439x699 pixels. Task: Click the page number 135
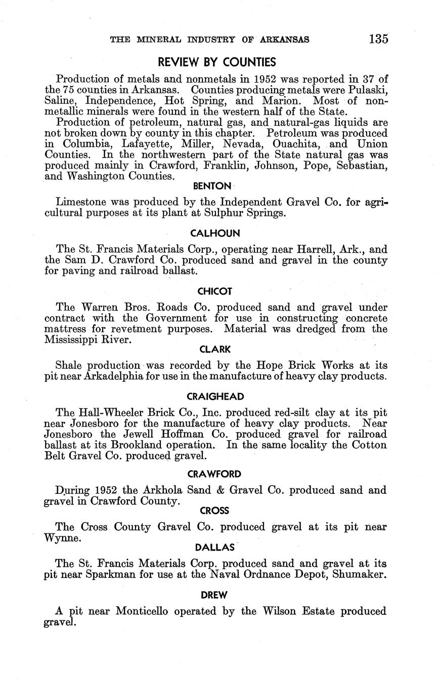(x=378, y=39)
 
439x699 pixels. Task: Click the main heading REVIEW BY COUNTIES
(x=217, y=62)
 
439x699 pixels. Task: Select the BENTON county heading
(x=215, y=186)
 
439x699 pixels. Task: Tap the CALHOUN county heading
(x=215, y=233)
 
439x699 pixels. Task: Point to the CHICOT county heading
(x=215, y=291)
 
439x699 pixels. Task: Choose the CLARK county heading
(x=215, y=349)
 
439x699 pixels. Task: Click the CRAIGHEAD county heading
(x=215, y=397)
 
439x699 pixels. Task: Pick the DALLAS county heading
(x=215, y=547)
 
